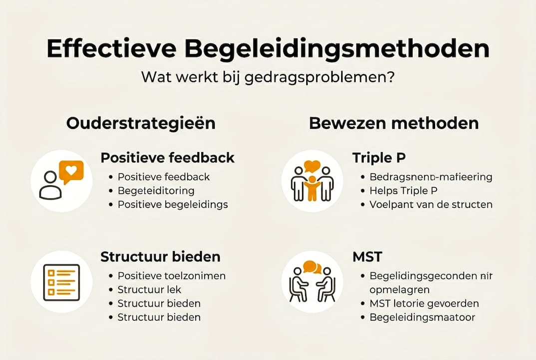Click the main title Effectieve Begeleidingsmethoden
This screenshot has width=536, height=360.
tap(268, 48)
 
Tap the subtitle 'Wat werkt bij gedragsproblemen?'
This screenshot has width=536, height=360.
tap(267, 78)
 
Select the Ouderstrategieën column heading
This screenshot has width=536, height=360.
tap(141, 123)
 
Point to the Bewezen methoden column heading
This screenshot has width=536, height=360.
tap(394, 123)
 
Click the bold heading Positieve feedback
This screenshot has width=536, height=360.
tap(167, 158)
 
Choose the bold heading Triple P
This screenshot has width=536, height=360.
tap(379, 158)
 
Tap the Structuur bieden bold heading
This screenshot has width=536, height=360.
tap(160, 257)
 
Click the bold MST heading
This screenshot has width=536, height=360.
tap(367, 257)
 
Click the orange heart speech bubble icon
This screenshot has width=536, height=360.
tap(71, 171)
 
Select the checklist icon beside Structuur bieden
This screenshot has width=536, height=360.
tap(61, 282)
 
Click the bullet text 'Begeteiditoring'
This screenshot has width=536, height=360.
tap(156, 190)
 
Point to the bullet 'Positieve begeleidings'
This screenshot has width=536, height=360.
tap(172, 204)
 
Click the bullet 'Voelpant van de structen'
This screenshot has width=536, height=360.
tap(431, 204)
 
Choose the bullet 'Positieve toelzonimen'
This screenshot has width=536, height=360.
tap(171, 276)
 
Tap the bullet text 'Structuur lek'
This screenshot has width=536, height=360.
tap(149, 289)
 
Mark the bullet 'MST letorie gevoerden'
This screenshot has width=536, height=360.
tap(424, 303)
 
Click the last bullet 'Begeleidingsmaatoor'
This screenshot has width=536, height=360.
tap(422, 317)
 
